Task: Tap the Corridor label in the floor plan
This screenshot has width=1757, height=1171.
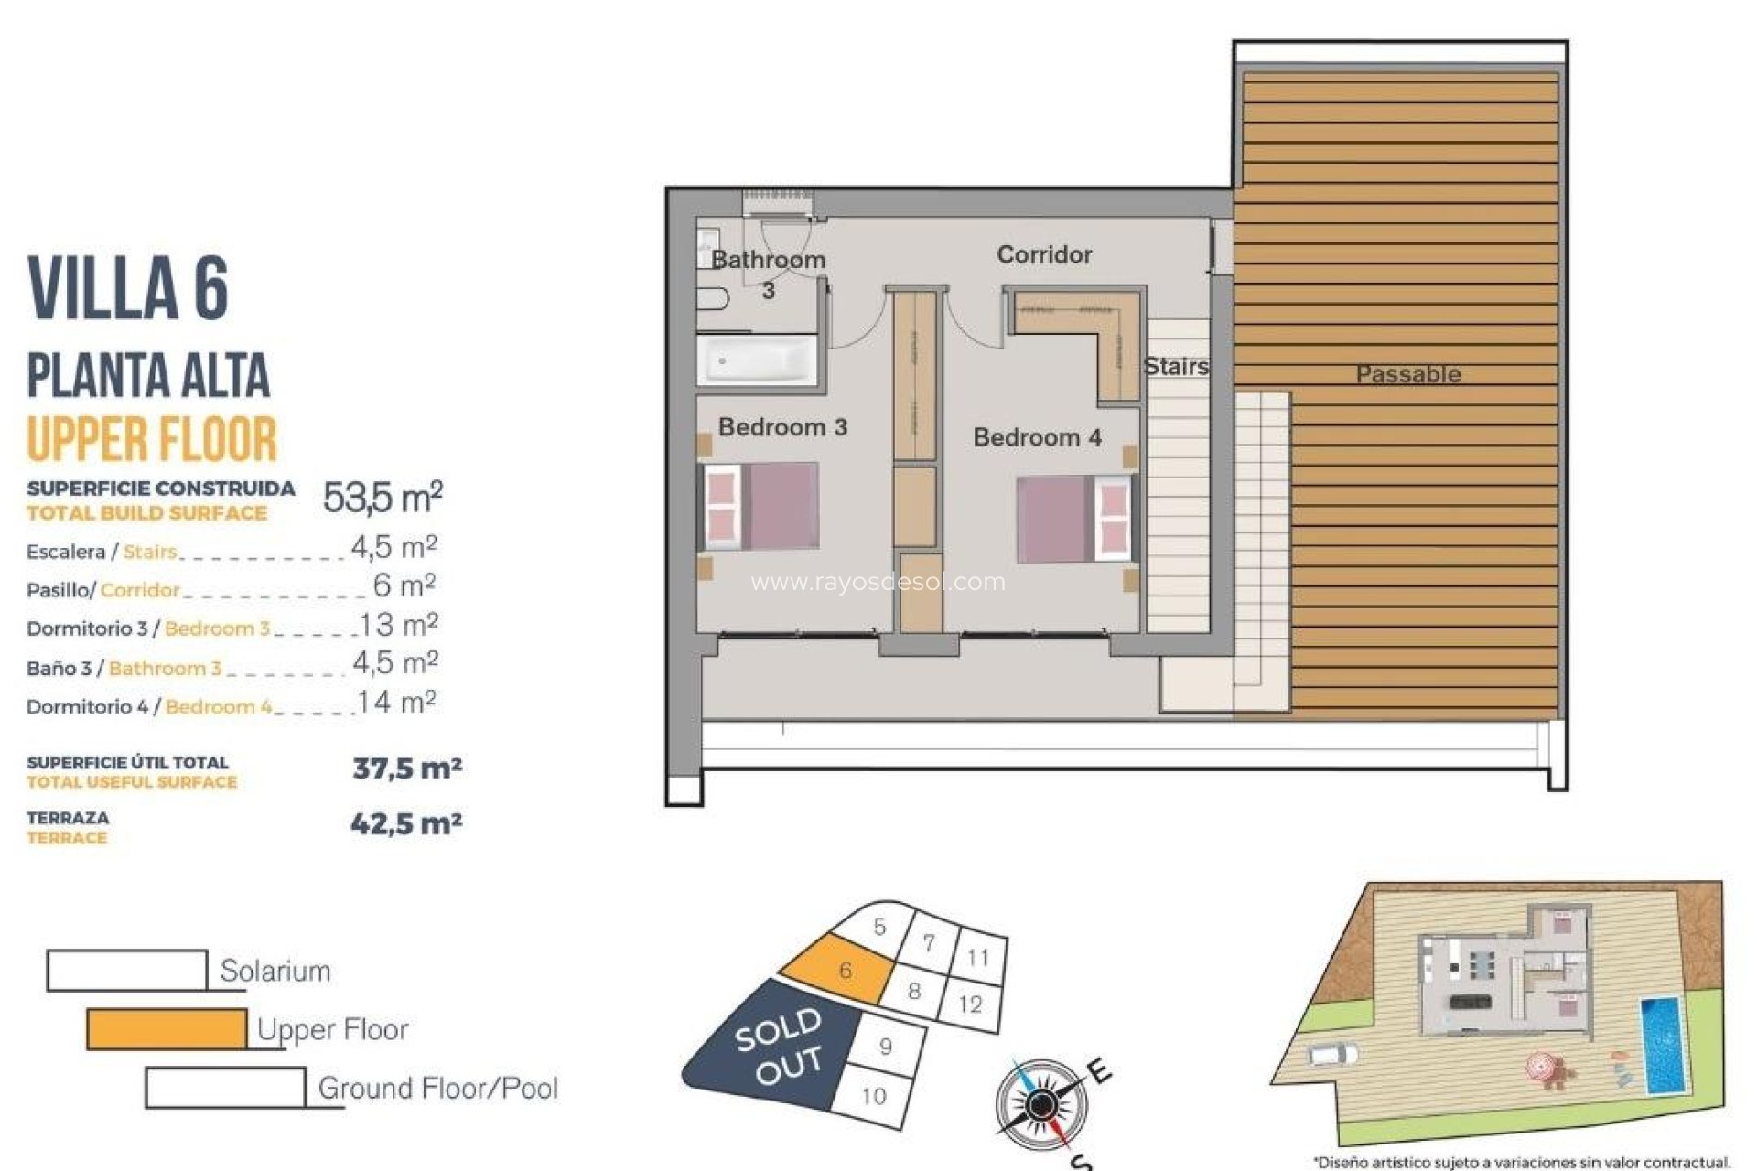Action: coord(1044,254)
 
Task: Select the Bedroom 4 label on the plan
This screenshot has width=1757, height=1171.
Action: coord(1037,437)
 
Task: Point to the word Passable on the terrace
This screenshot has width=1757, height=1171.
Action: coord(1407,374)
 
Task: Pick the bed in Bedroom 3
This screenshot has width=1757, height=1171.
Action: coord(760,506)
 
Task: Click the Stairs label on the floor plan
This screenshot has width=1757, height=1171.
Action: coord(1176,367)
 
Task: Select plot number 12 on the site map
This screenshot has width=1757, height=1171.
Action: coord(970,1004)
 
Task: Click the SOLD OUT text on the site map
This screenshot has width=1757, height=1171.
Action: coord(778,1046)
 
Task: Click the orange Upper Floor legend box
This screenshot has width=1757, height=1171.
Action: coord(167,1029)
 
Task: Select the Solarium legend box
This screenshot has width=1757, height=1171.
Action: coord(126,971)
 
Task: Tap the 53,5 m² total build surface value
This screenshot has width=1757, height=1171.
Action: coord(383,498)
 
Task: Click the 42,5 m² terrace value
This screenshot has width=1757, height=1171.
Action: coord(406,824)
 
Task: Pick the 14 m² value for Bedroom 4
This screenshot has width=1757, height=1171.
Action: coord(396,703)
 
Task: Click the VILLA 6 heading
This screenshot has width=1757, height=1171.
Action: coord(128,288)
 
